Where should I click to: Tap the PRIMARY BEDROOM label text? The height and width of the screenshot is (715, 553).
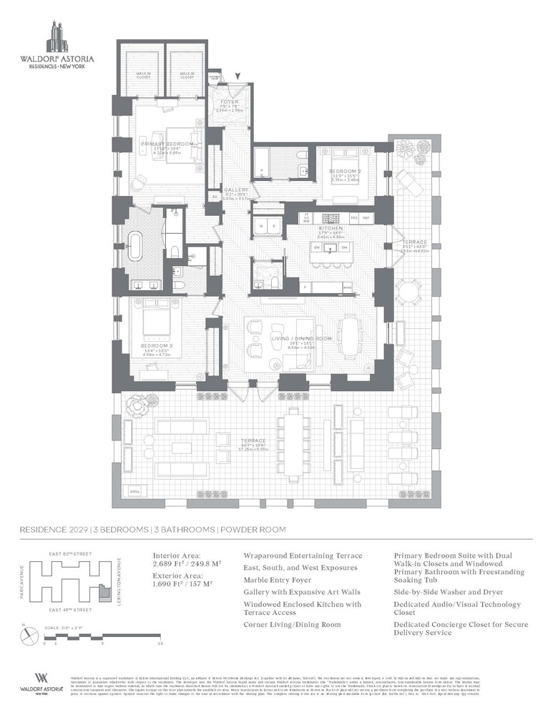167,144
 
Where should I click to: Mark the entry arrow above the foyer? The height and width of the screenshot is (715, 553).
238,76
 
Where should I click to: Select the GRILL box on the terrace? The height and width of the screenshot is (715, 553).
134,491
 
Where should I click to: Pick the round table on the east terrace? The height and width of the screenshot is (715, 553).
408,291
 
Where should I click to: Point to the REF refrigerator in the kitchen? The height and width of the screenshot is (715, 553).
365,217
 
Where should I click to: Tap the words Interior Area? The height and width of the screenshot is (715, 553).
177,555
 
